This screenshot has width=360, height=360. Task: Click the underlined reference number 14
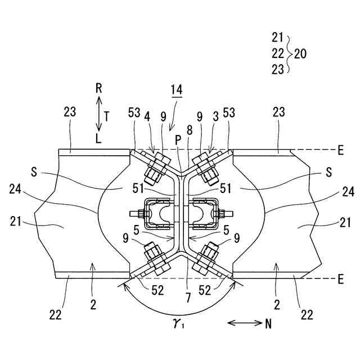coord(177,90)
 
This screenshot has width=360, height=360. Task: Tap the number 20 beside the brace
coord(300,54)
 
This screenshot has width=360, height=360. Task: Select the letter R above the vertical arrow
coord(99,88)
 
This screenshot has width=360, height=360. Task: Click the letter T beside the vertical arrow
coord(107,113)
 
